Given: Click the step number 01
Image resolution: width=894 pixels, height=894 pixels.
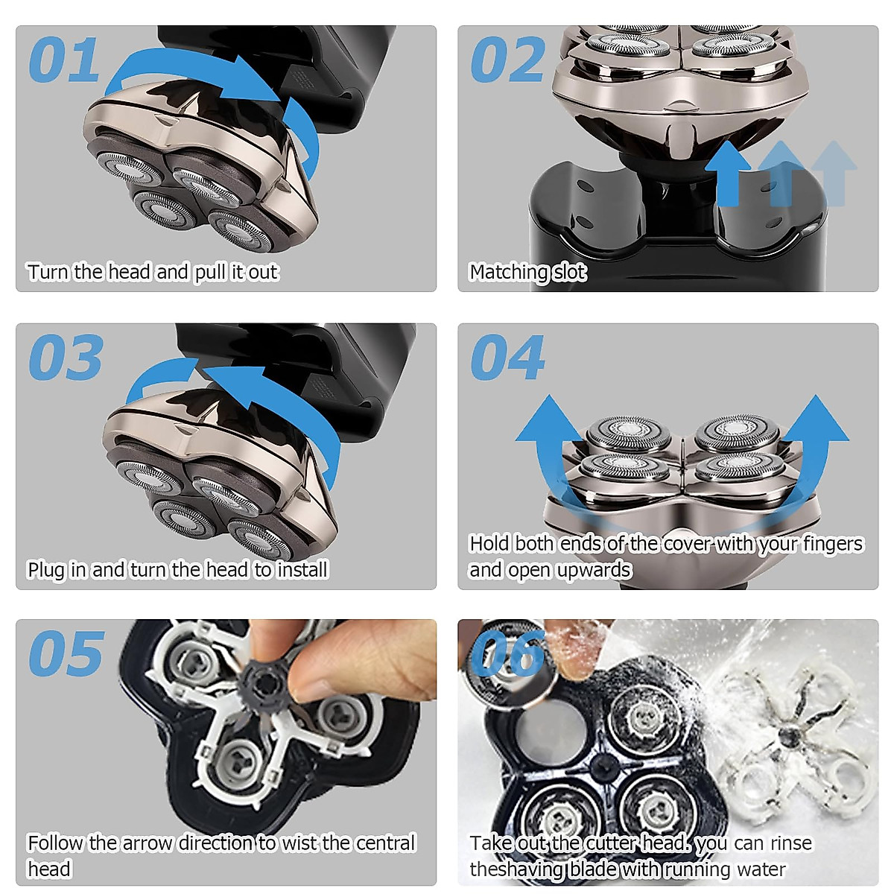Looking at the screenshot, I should pos(64,60).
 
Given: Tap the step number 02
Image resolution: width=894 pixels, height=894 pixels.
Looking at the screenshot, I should pos(508,60).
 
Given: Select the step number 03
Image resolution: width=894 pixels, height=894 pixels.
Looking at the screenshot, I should pos(66,358).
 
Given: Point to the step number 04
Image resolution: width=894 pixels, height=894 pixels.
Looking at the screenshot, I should pos(508,358).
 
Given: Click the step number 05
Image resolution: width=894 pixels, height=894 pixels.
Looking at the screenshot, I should pos(66,654).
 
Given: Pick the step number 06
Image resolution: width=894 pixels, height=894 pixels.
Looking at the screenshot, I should pos(508,653).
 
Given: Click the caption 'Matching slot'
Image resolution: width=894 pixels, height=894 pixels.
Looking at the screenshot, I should pos(527,273).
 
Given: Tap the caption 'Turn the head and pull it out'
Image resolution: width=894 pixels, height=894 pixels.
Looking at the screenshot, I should pos(153,273).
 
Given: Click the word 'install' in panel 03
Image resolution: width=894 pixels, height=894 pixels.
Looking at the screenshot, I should pos(302,570).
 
